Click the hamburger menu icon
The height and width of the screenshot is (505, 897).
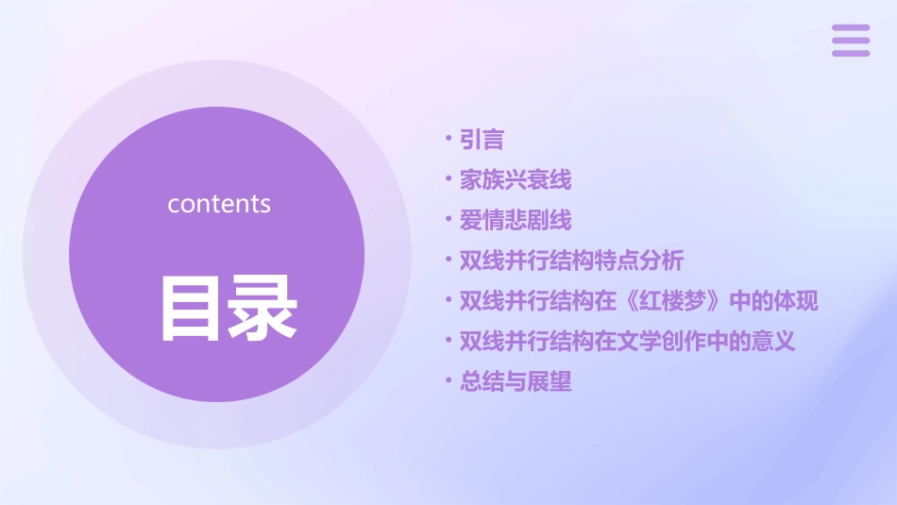(850, 41)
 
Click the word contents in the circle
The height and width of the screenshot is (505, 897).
(219, 204)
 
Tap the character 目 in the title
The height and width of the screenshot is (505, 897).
(193, 308)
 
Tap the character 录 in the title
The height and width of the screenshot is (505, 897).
(262, 308)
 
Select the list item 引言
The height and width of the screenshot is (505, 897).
(482, 140)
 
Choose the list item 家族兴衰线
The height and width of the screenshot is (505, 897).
(516, 179)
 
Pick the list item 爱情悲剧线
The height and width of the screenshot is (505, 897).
(516, 220)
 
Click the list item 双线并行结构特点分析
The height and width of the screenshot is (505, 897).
(571, 261)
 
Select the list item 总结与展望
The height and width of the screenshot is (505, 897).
(516, 382)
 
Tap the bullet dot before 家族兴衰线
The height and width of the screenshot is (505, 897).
(448, 178)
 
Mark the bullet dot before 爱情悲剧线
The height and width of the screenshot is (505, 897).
(448, 219)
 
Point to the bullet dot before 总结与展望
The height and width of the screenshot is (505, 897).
(448, 381)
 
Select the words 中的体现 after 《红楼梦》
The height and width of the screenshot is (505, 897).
(774, 301)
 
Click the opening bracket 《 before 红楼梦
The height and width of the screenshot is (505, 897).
(630, 301)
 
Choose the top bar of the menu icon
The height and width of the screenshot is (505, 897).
(850, 28)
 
